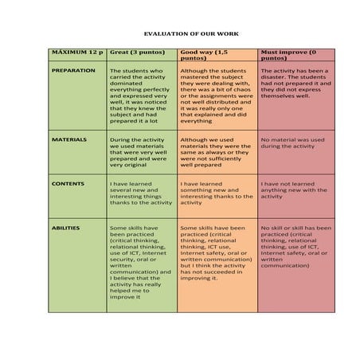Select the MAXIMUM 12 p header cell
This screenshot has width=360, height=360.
[x=77, y=53]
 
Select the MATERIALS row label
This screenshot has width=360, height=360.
[x=69, y=139]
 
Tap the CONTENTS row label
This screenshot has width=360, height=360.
[x=68, y=183]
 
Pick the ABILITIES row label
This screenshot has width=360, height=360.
[x=66, y=228]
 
